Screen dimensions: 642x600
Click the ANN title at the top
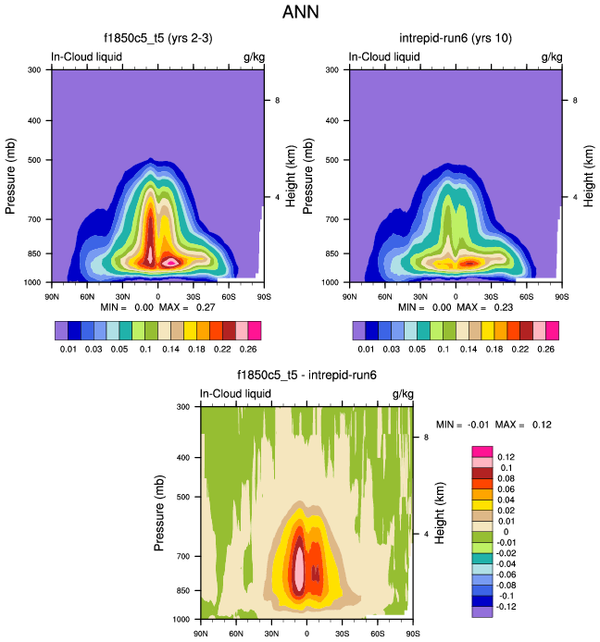click(300, 14)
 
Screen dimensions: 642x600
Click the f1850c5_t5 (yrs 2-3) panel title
click(157, 39)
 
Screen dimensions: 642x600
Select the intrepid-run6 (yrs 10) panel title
click(455, 39)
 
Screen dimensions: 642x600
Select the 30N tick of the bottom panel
click(271, 634)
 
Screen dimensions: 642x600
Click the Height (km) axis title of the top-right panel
click(588, 174)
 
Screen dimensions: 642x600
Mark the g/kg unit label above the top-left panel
click(254, 56)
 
